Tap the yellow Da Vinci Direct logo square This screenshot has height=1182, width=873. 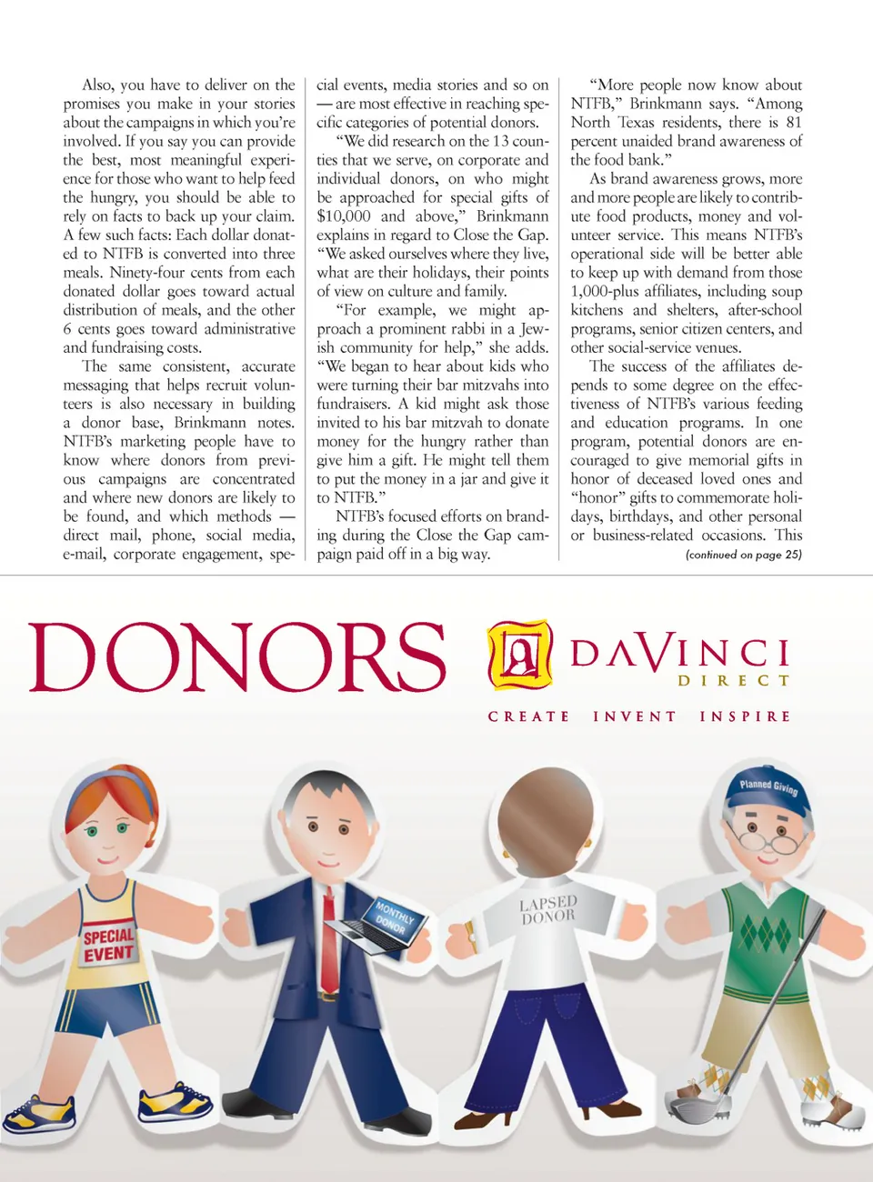520,655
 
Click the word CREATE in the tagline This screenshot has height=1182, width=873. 528,716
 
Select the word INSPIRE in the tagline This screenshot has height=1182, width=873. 745,716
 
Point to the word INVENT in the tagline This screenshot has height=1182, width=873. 635,716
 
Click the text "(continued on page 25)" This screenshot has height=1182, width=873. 743,555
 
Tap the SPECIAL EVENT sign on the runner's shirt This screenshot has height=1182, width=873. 108,945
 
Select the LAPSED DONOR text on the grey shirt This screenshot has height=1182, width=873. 547,909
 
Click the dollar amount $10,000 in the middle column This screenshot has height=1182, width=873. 344,216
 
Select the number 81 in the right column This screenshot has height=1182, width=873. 794,123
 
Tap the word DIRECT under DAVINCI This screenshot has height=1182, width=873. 733,680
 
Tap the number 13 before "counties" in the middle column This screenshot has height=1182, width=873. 500,142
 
